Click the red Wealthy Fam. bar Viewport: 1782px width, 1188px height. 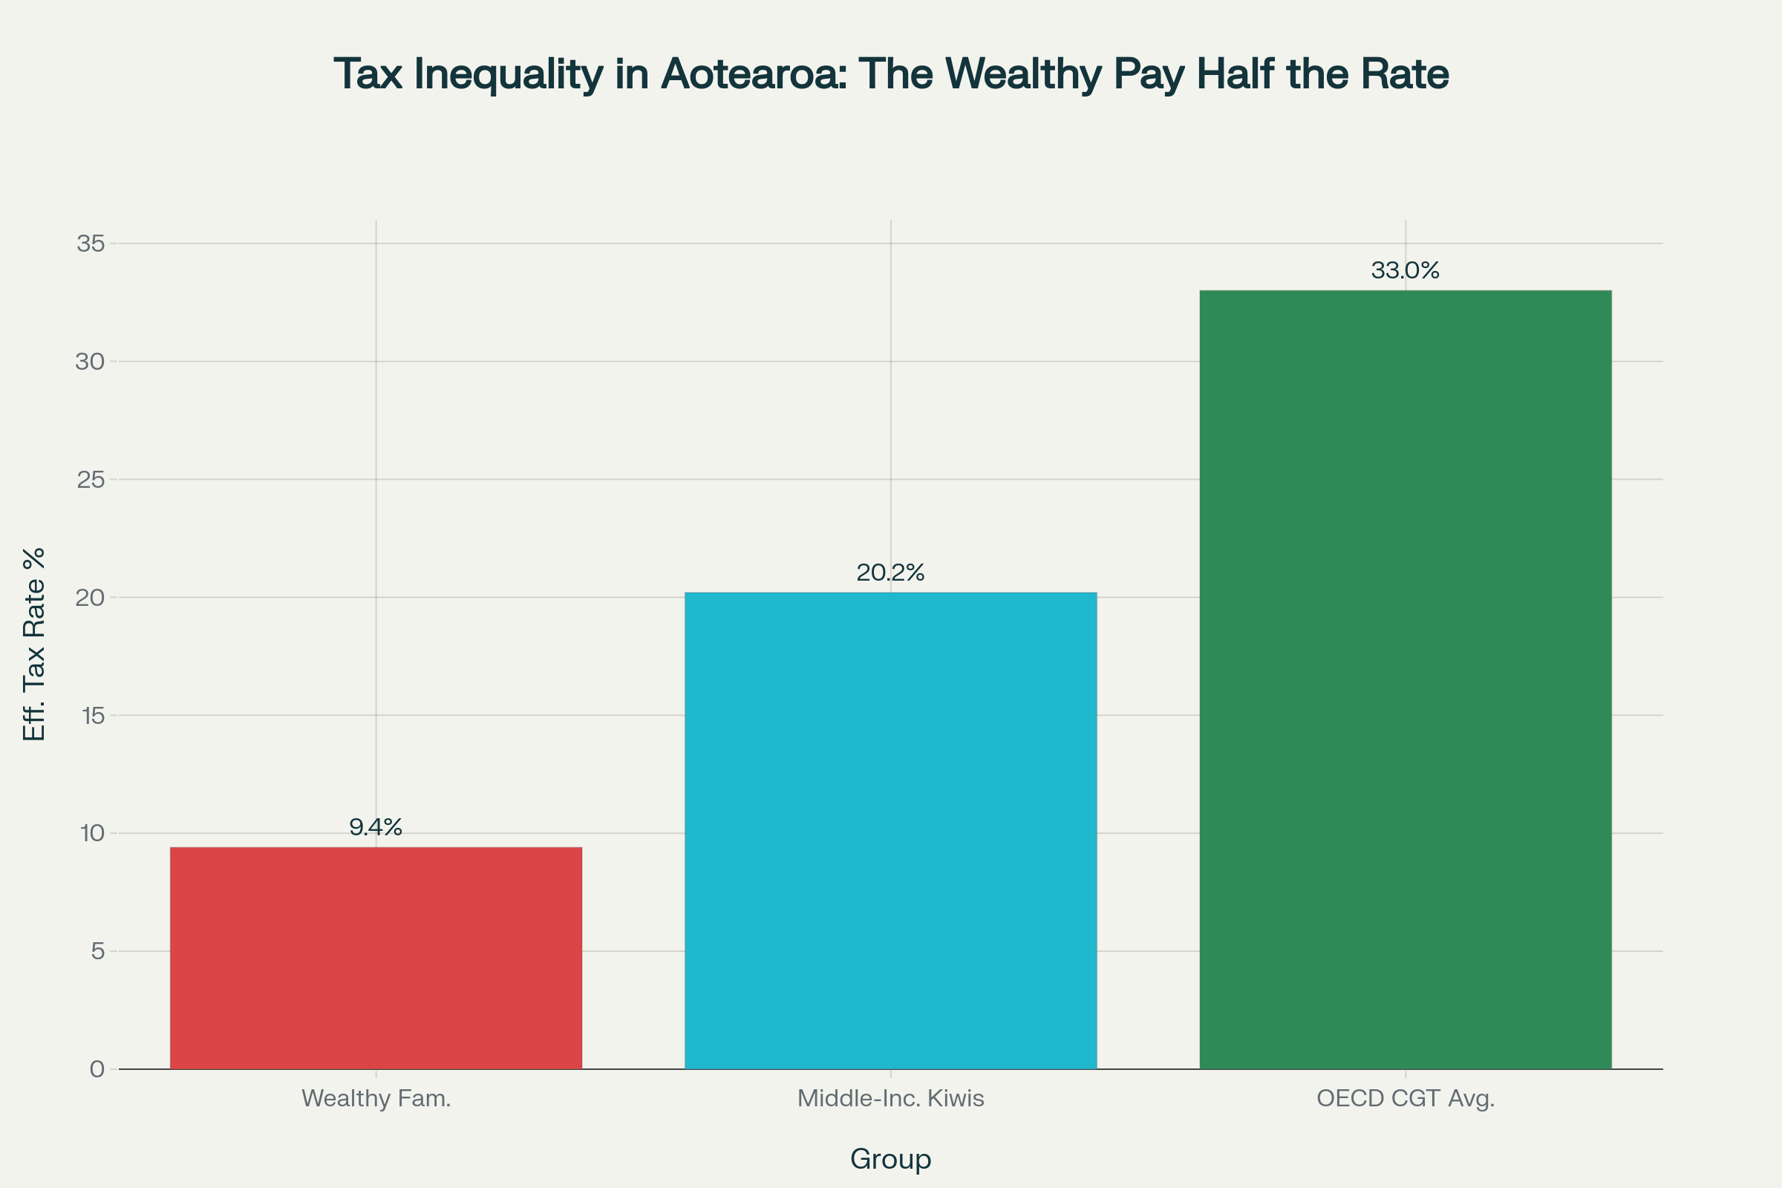coord(376,958)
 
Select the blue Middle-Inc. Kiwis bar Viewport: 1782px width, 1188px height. coord(890,830)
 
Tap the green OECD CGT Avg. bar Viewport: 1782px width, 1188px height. coord(1405,679)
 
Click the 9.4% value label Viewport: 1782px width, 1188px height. coord(376,827)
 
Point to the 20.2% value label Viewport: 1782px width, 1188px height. coord(890,572)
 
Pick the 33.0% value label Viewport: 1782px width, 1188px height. coord(1405,270)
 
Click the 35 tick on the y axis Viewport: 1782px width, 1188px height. coord(90,244)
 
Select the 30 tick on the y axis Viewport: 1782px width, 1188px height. coord(90,362)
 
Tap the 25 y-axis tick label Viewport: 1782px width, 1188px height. coord(90,480)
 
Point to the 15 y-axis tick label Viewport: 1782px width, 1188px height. coord(92,715)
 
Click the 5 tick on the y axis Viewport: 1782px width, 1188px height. coord(98,951)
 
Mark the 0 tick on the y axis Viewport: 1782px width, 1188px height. coord(97,1069)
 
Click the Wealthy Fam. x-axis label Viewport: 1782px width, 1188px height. coord(376,1099)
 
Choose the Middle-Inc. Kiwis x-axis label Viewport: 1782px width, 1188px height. coord(890,1099)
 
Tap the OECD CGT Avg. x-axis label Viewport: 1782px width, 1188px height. coord(1405,1099)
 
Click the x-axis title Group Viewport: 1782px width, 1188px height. coord(890,1159)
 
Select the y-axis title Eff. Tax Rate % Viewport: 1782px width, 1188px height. coord(34,644)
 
